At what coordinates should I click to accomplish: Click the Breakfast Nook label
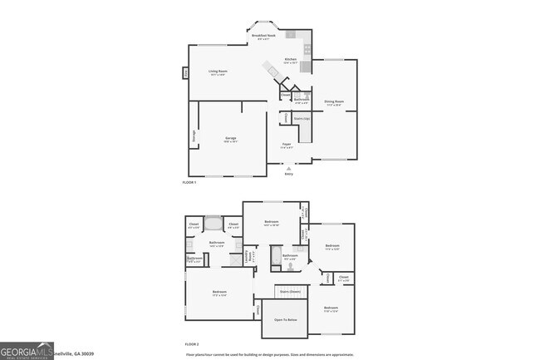263,36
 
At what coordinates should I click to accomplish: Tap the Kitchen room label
290,60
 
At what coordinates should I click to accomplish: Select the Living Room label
218,72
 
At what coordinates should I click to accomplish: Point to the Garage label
231,139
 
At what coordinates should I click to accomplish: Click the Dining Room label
335,102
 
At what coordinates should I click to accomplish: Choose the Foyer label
286,145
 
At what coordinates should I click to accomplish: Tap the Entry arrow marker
288,169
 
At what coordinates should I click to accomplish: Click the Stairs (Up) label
301,119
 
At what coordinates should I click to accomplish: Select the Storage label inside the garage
194,136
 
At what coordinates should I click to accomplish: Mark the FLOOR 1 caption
189,182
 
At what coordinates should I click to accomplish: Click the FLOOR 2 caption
191,343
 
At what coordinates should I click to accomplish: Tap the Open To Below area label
286,320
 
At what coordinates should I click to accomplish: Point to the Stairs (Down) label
289,292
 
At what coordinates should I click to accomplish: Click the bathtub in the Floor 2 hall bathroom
277,259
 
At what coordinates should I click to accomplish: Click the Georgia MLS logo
27,353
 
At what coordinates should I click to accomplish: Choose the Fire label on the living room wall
185,73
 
